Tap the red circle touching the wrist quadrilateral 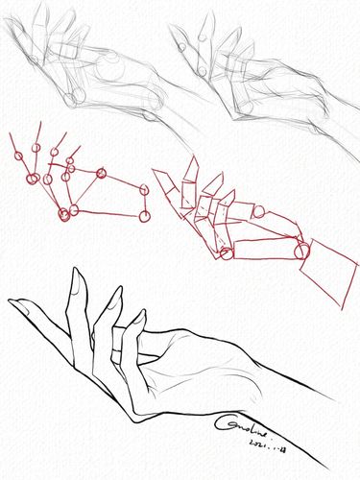[x=301, y=252]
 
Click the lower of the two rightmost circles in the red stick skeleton [x=143, y=214]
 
